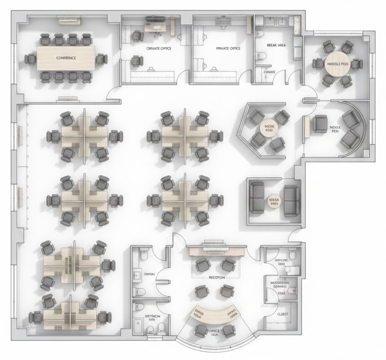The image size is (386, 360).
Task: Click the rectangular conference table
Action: point(66,58)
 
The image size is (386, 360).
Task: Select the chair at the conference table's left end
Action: point(30,58)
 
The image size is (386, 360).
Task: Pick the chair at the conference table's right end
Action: point(102,58)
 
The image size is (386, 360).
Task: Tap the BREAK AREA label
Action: point(276,45)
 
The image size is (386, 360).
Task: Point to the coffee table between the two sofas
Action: point(274,201)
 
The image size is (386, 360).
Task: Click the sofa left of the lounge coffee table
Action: point(257,198)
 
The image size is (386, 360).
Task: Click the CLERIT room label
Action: point(283,315)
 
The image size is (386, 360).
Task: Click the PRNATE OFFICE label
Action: point(222,48)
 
